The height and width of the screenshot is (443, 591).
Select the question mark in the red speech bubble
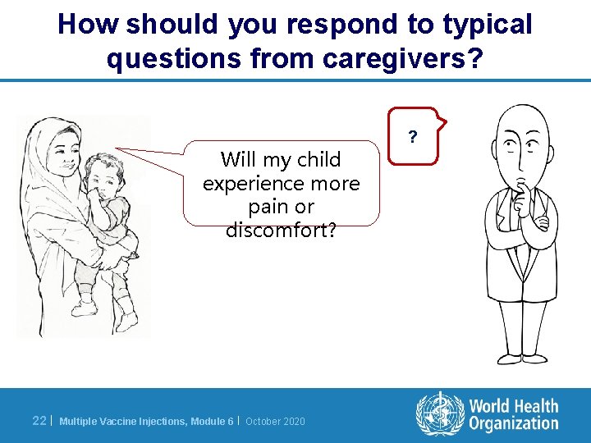pos(413,135)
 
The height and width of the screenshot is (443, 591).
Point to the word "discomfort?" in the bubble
pos(281,231)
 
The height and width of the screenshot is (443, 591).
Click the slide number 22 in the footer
pos(39,421)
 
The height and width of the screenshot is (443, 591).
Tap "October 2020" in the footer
pos(275,422)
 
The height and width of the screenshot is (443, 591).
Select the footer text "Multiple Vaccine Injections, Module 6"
pos(146,422)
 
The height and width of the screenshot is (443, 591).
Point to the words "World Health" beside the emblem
pos(513,405)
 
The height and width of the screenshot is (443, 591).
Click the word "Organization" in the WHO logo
pos(513,423)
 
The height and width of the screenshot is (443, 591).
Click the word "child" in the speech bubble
pos(318,159)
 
